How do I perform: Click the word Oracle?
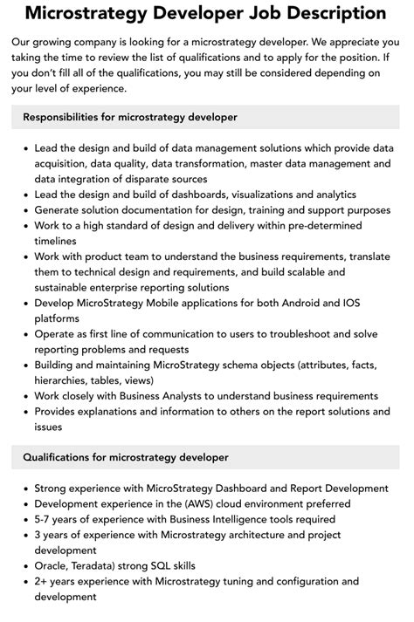[x=54, y=565]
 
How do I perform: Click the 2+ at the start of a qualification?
[x=42, y=581]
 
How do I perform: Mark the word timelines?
[x=58, y=241]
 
